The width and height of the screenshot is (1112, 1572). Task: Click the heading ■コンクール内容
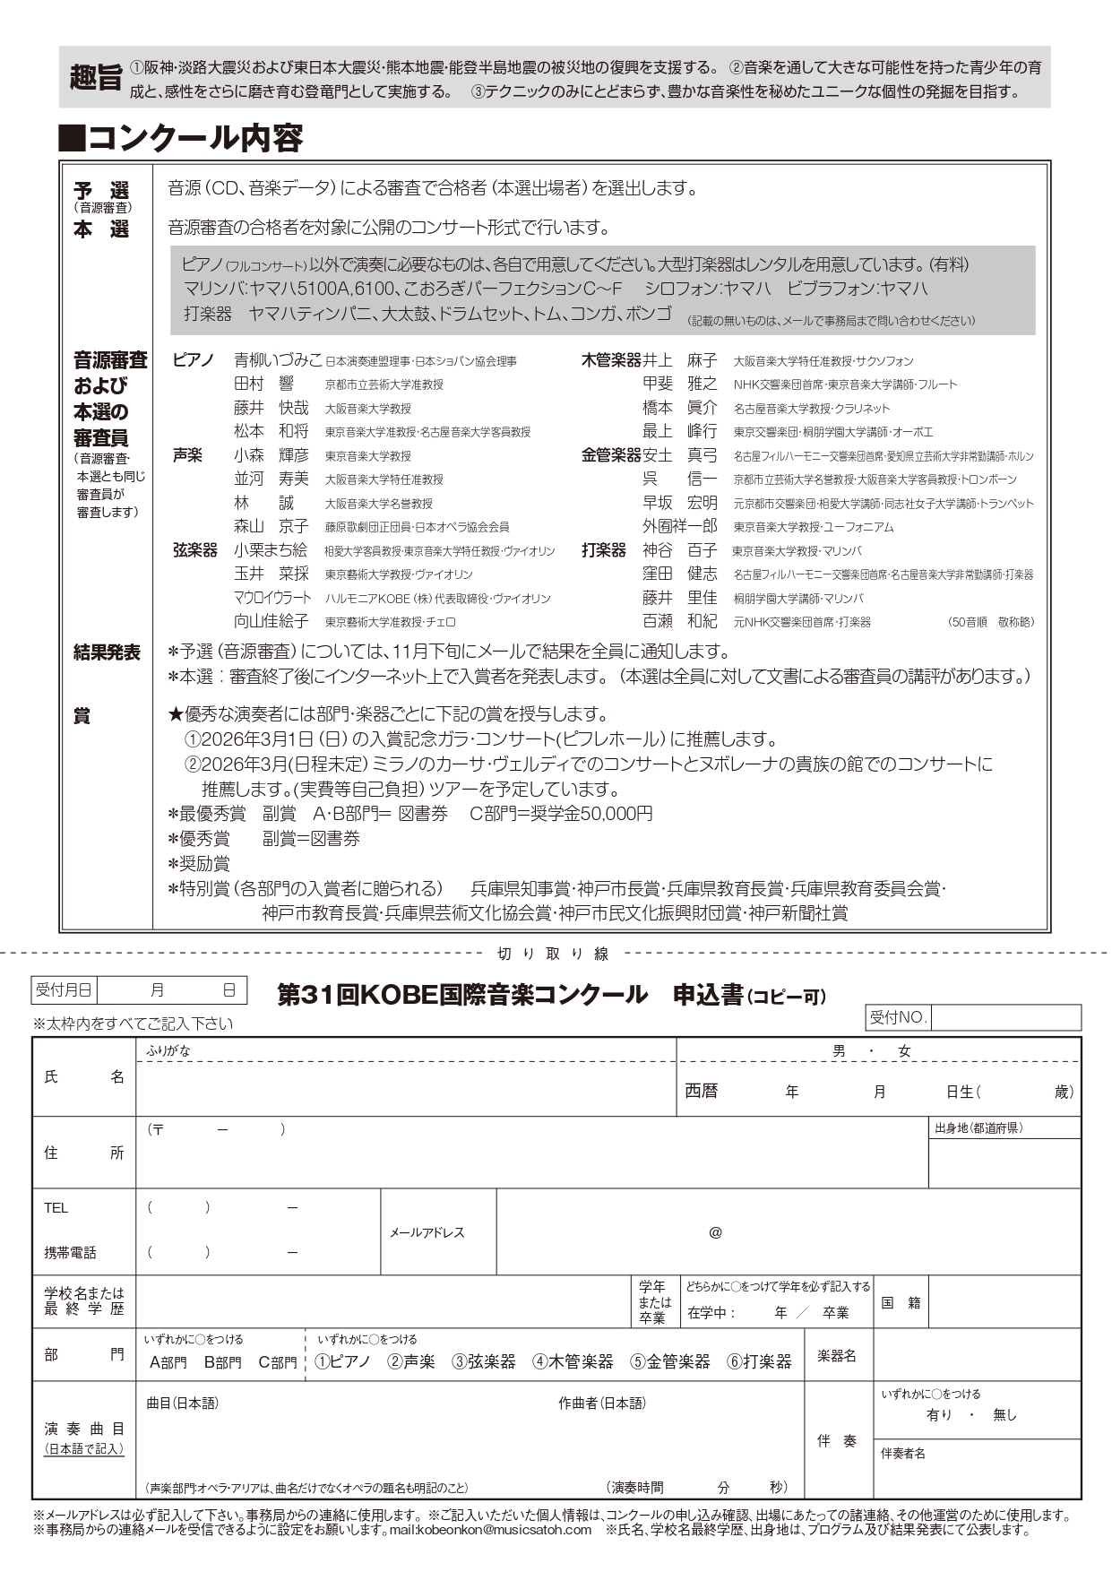[182, 138]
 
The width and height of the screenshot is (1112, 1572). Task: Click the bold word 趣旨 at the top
[96, 78]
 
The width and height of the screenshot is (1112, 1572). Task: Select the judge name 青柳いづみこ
[277, 360]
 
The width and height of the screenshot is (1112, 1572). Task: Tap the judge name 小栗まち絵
[271, 550]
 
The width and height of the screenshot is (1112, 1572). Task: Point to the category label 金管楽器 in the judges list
[611, 455]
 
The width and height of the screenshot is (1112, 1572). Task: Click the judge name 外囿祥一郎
[679, 526]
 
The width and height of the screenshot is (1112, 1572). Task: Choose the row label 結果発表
[107, 652]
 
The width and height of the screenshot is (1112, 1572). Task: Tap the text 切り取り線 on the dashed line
[553, 954]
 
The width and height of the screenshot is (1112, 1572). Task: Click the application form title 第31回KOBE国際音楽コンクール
[462, 995]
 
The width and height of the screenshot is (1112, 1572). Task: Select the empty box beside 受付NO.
[1005, 1017]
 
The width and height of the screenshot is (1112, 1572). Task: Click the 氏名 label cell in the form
[83, 1077]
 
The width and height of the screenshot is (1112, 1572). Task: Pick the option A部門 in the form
[168, 1362]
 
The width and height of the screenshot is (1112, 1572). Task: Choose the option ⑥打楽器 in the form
[759, 1361]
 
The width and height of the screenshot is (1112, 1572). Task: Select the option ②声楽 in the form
[411, 1361]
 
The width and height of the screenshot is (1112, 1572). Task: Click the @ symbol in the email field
[715, 1232]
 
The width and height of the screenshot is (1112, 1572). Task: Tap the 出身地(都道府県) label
[978, 1127]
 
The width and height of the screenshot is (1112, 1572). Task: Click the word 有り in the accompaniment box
[939, 1415]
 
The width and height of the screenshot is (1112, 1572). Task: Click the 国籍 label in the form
[901, 1302]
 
